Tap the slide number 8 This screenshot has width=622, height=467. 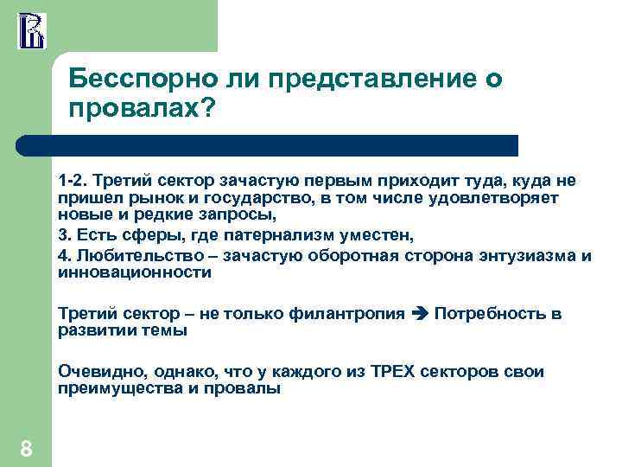pyautogui.click(x=27, y=448)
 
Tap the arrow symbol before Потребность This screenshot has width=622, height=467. pyautogui.click(x=421, y=313)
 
